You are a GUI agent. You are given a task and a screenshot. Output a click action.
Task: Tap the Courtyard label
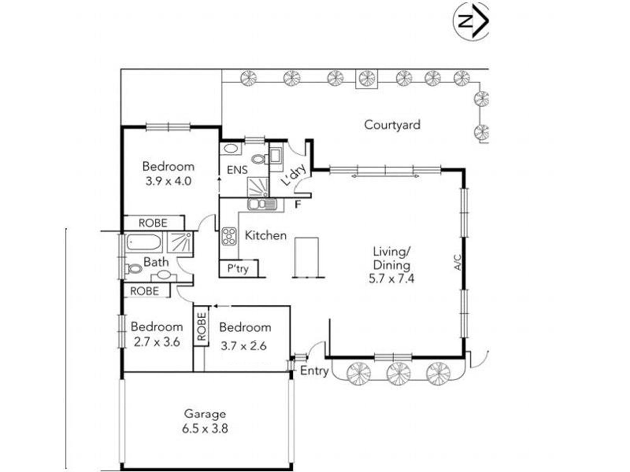click(392, 125)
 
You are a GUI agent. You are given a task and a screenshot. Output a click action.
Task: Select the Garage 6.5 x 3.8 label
click(205, 421)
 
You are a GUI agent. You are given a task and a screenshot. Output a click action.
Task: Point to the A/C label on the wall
click(458, 262)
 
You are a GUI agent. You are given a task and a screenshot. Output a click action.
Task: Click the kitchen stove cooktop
click(229, 236)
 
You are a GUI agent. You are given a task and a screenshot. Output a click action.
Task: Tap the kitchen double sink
click(262, 204)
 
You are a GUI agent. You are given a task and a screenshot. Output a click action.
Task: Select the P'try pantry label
click(238, 269)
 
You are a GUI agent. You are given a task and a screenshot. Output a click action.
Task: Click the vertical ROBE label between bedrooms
click(202, 326)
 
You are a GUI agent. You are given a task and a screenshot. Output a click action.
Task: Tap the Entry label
click(314, 371)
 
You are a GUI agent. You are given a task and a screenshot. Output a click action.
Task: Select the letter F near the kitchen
click(298, 205)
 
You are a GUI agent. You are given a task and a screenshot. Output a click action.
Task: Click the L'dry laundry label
click(293, 175)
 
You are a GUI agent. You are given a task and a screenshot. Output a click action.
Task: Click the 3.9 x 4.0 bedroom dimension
click(169, 181)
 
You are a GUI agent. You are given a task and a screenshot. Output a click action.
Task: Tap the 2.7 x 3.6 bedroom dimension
click(157, 342)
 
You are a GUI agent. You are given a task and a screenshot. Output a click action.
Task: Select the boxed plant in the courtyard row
click(367, 79)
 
